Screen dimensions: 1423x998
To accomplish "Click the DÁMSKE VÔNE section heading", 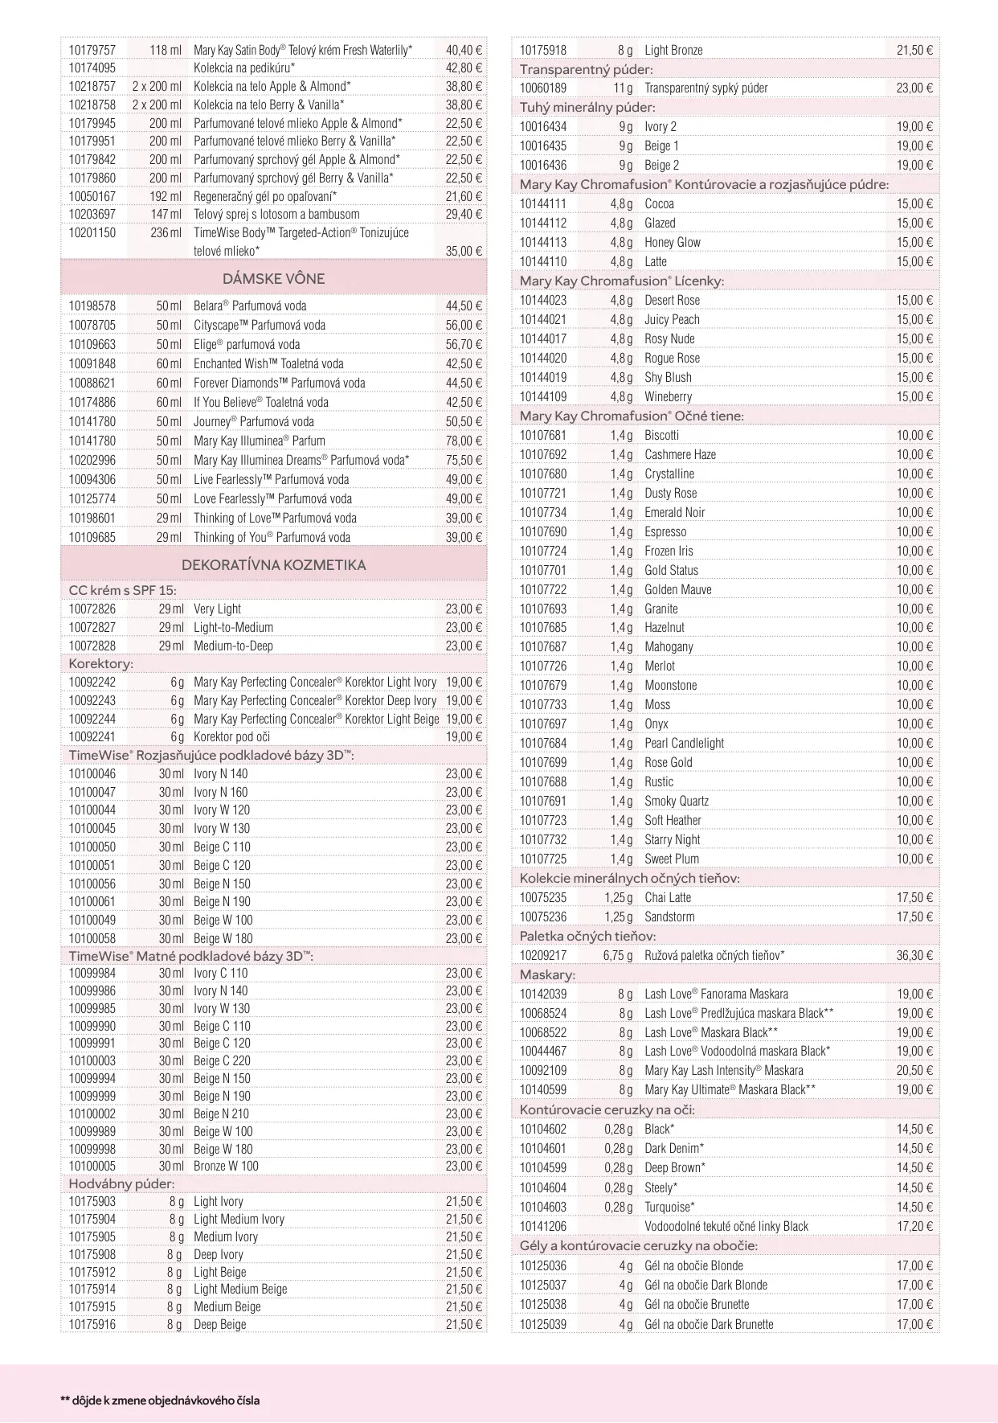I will pos(273,279).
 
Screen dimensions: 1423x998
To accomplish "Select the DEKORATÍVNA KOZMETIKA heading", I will pos(273,565).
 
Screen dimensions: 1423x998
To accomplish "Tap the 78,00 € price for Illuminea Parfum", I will pos(464,441).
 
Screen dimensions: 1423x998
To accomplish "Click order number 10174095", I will pos(92,68).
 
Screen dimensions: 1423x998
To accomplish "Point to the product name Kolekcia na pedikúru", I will pos(243,68).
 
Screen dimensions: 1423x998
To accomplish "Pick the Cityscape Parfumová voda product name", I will pos(259,326).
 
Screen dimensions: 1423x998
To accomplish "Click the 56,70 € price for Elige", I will pos(464,345).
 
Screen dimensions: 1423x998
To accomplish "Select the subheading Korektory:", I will pos(100,664).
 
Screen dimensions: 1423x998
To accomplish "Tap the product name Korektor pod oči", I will pos(231,737).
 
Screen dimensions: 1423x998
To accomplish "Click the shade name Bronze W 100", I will pos(226,1167).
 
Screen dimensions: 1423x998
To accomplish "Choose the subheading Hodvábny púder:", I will pos(121,1184).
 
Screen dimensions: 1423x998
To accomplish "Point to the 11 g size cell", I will pos(623,88).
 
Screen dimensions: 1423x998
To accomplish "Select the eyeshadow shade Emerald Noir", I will pos(674,513).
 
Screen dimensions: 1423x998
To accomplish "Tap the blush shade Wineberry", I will pos(668,397).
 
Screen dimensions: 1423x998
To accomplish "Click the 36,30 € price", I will pos(914,956).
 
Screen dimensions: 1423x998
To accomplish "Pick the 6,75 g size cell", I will pos(618,956).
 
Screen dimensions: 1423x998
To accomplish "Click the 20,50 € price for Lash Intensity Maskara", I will pos(914,1071).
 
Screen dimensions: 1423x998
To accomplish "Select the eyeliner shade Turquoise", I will pos(669,1208).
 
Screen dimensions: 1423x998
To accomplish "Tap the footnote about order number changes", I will pos(160,1400).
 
